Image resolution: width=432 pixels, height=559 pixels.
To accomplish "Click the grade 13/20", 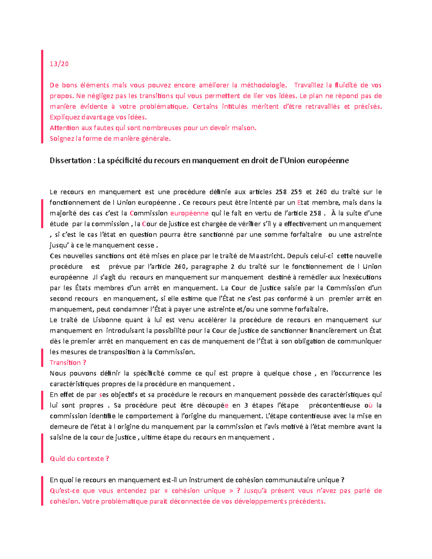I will [59, 64].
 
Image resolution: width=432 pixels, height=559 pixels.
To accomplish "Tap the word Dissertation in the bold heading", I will [71, 161].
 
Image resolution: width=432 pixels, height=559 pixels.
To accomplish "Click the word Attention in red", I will [64, 128].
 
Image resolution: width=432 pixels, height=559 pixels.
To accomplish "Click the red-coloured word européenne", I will [189, 213].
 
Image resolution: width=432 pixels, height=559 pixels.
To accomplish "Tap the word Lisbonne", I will [107, 320].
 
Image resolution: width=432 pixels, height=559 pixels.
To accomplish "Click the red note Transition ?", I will [68, 362].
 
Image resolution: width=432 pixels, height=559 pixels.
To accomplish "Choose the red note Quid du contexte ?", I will [79, 459].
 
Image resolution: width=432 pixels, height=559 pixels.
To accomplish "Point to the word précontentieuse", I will [334, 405].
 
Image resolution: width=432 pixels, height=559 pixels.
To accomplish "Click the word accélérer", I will [208, 320].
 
